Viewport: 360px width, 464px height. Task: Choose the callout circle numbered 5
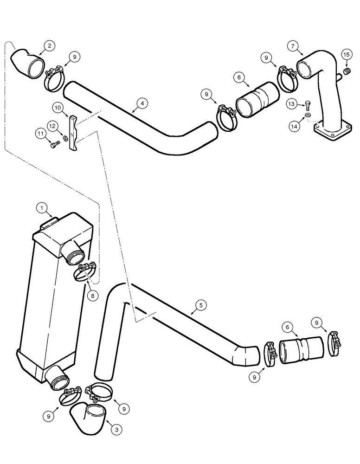click(x=200, y=305)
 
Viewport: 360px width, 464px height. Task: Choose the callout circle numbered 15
click(x=346, y=55)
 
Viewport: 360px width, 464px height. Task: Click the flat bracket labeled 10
click(x=73, y=135)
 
